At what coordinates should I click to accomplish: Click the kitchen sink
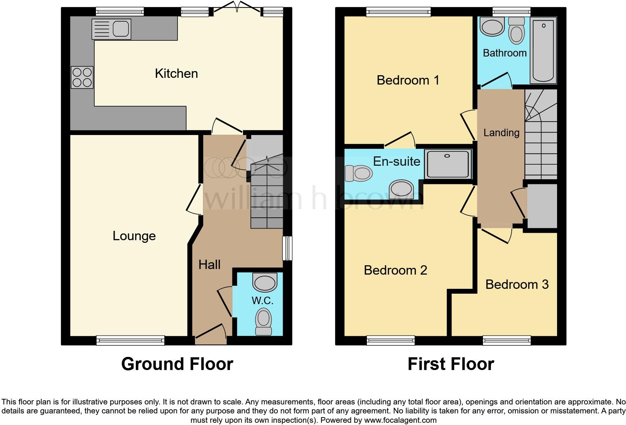point(111,29)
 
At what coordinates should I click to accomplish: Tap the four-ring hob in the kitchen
point(82,77)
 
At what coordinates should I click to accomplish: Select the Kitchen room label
point(176,73)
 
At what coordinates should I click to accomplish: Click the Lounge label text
point(134,236)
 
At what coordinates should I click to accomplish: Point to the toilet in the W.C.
point(264,321)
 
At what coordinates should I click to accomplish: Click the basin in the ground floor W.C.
point(265,283)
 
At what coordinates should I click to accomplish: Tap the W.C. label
point(262,300)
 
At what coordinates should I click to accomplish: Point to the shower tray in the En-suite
point(447,164)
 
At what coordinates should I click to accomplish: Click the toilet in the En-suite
point(358,173)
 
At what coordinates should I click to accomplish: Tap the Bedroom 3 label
point(517,284)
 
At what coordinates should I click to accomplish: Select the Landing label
point(501,132)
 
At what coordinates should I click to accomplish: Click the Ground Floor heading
point(177,364)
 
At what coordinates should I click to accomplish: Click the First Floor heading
point(450,364)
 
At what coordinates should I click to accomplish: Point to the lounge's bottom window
point(130,340)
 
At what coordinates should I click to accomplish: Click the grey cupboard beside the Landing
point(542,206)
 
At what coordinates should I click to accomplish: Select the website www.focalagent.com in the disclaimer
point(400,420)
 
